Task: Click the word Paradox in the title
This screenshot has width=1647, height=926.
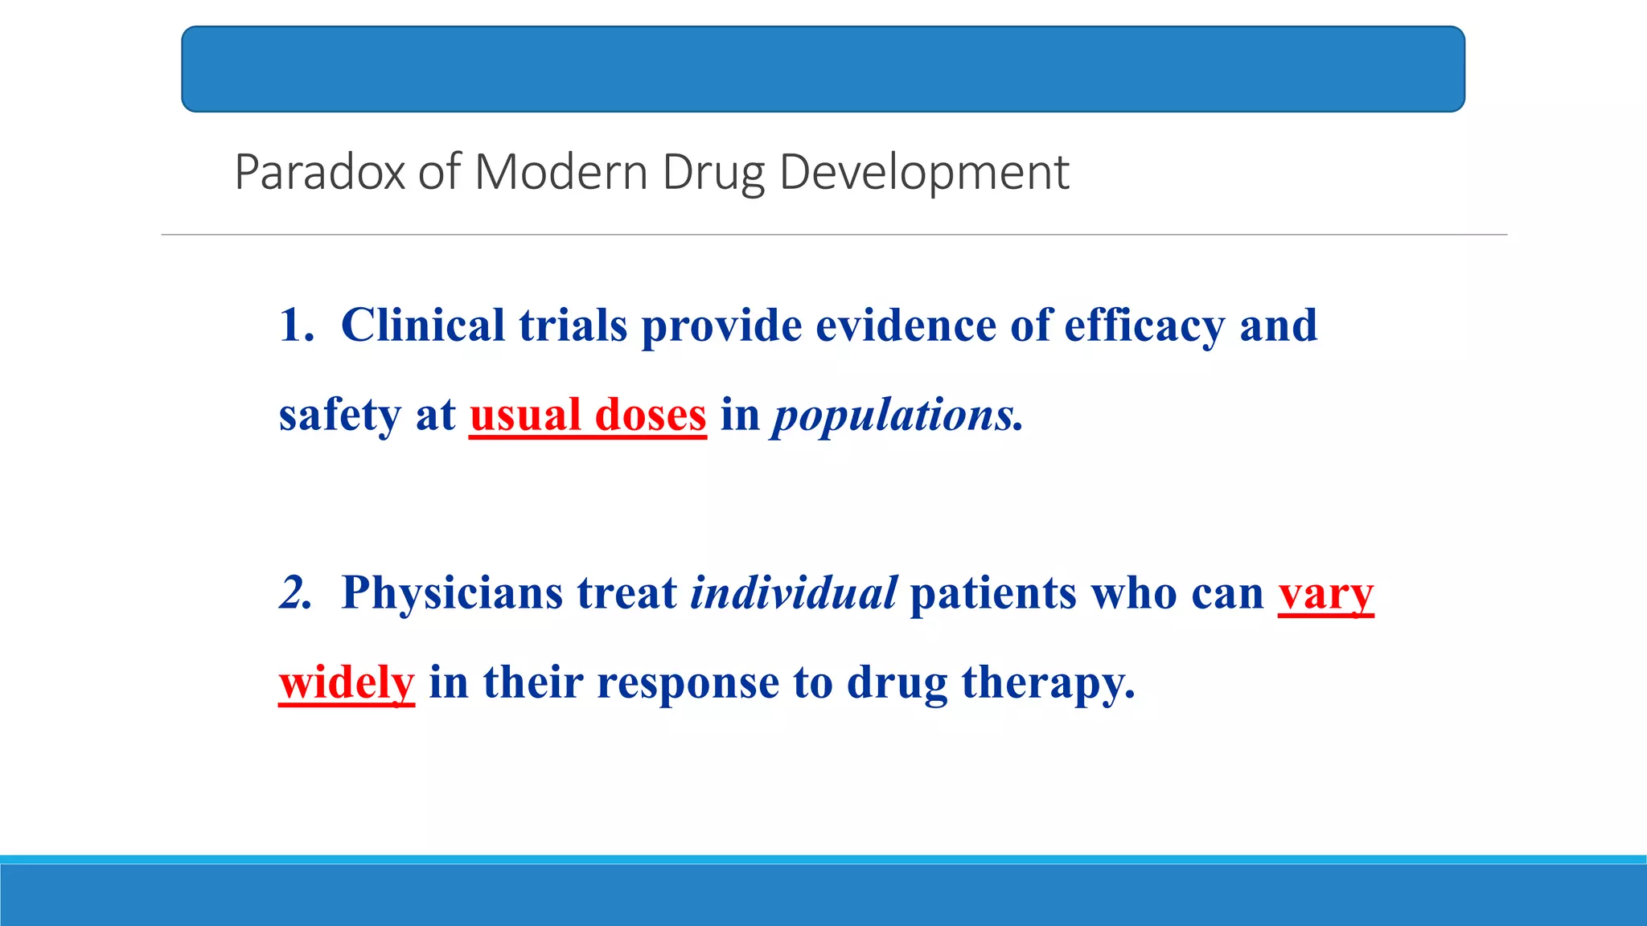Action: [x=319, y=172]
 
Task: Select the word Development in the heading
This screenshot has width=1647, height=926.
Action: [x=924, y=172]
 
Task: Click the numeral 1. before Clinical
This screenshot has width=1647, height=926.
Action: [x=296, y=326]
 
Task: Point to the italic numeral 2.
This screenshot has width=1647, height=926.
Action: [x=295, y=593]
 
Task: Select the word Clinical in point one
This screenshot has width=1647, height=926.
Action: [x=423, y=326]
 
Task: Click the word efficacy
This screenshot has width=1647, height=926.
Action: [x=1144, y=327]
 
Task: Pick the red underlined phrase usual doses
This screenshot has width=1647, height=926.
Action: [x=588, y=416]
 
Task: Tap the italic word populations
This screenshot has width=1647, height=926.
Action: [x=894, y=416]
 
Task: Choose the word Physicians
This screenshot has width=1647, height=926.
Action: [x=452, y=593]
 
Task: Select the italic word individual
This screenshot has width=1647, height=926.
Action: [x=793, y=593]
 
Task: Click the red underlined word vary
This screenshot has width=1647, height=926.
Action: [x=1325, y=595]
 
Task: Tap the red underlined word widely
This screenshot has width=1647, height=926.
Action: [x=347, y=683]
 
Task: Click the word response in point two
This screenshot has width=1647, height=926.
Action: [x=688, y=683]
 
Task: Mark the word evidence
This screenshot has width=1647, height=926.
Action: [x=906, y=326]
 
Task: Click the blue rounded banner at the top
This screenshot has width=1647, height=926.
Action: [x=823, y=69]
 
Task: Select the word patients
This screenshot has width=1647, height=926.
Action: [x=992, y=593]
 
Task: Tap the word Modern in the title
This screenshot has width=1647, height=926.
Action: [x=561, y=172]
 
